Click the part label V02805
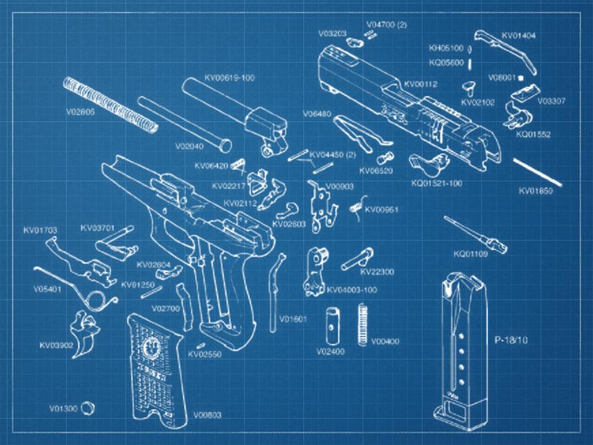[x=80, y=112]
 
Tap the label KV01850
[x=536, y=192]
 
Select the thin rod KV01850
[x=537, y=171]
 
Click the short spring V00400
[x=363, y=324]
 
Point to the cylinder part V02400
[x=331, y=324]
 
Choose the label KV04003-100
[x=353, y=290]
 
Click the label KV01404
[x=519, y=35]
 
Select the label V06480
[x=316, y=114]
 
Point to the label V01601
[x=293, y=319]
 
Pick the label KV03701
[x=98, y=227]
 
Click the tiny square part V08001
[x=521, y=78]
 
